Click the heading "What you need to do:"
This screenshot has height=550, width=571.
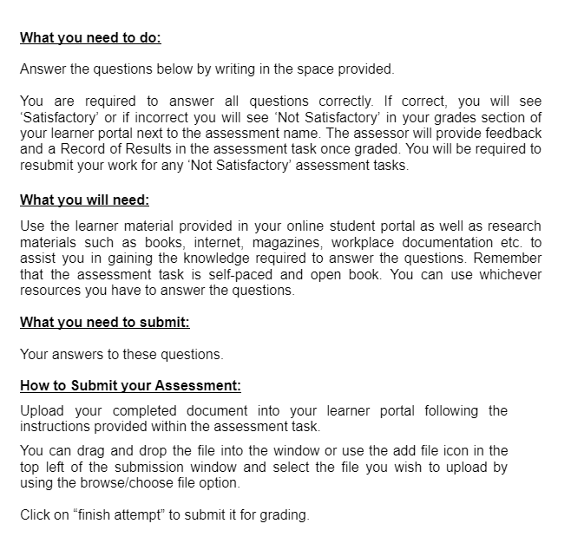90,37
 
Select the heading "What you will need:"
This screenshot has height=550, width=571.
84,200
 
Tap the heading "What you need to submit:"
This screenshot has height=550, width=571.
104,323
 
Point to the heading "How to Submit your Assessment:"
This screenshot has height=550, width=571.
130,386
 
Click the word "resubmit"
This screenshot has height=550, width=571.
48,165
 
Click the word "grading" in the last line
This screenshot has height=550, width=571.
284,515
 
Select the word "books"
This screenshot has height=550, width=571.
180,243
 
